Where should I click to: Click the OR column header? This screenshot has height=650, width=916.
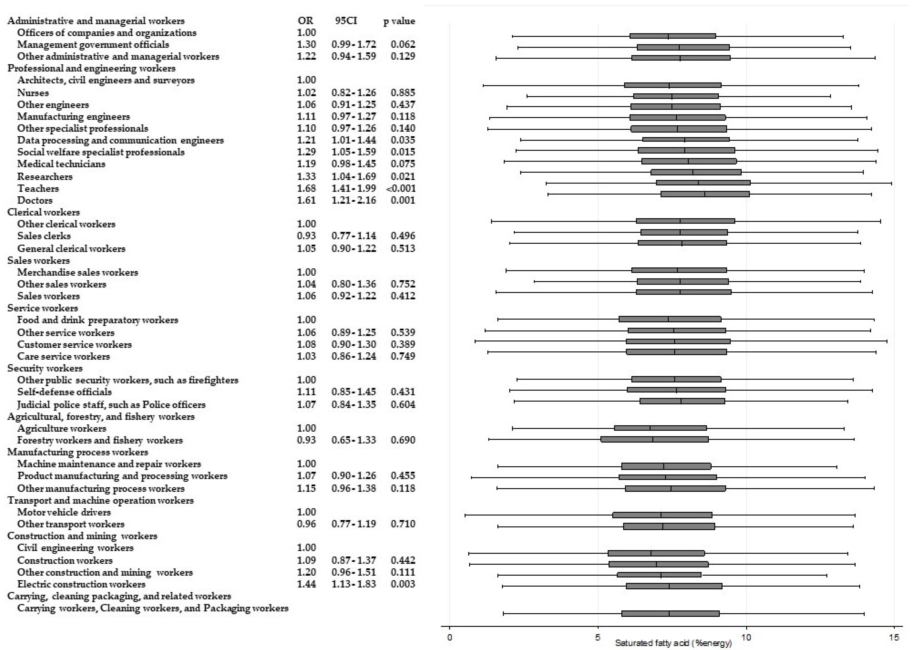305,21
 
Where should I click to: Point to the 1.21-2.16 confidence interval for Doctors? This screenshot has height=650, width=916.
354,200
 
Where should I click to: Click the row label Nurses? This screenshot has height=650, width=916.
33,93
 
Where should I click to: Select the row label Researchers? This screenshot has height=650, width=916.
45,176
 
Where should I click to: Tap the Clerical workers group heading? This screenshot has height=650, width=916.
44,212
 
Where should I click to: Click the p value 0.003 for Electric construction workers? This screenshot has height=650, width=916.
403,584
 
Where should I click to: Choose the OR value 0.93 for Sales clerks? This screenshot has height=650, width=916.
306,236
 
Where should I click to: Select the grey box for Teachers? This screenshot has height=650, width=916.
703,183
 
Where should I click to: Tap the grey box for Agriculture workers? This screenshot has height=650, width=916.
660,428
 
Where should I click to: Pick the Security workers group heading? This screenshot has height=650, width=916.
45,368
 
